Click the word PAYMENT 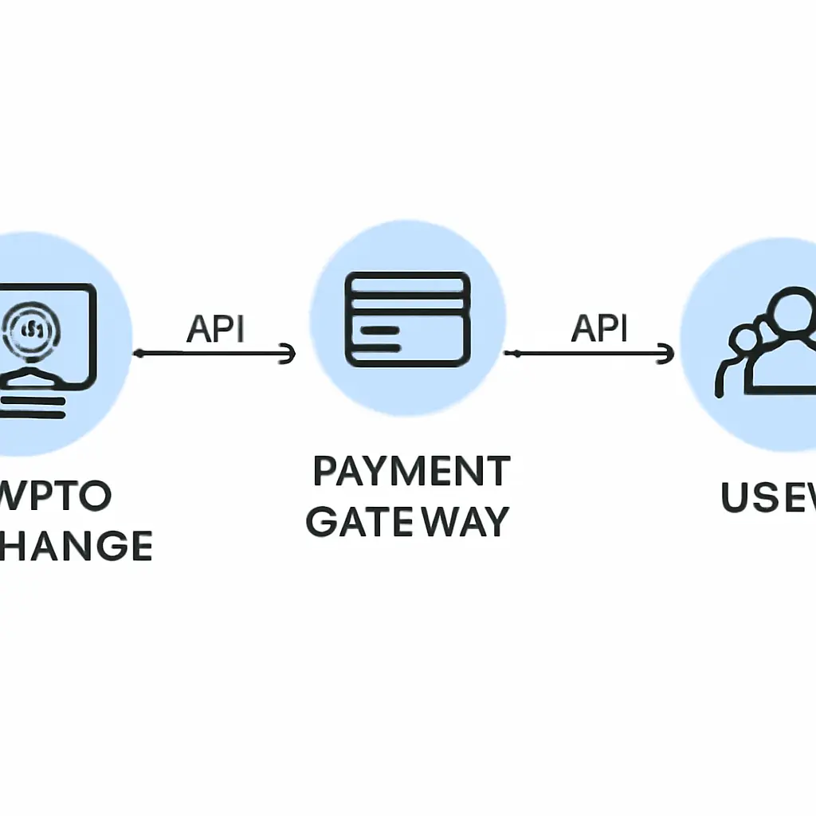(x=410, y=472)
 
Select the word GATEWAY (x=407, y=521)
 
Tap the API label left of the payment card (x=215, y=328)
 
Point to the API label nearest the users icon (x=600, y=328)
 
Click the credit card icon (x=407, y=319)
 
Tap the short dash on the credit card (x=379, y=328)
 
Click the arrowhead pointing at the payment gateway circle (x=288, y=353)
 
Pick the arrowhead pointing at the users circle (x=668, y=353)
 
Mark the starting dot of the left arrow (x=139, y=353)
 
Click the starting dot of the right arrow (x=517, y=353)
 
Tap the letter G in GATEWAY (x=322, y=521)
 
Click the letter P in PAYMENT (x=325, y=472)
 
